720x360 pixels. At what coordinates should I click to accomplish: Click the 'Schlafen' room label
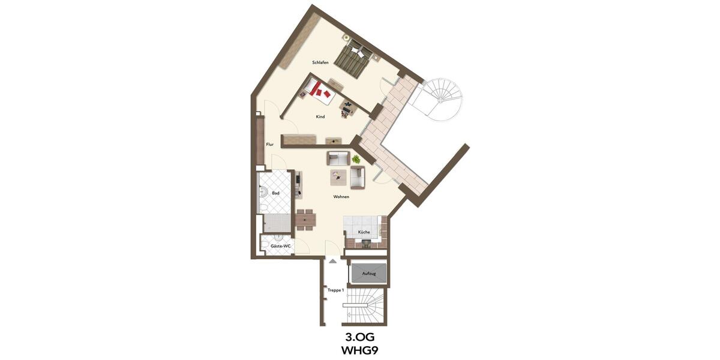[x=320, y=62]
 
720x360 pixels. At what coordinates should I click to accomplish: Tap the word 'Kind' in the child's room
[x=320, y=116]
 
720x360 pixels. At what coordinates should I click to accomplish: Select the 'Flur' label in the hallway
[x=270, y=144]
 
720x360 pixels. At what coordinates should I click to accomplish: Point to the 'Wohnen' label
[x=341, y=197]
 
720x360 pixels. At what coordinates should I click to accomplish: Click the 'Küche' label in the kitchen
[x=364, y=232]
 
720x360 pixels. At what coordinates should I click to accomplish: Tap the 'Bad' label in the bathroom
[x=275, y=193]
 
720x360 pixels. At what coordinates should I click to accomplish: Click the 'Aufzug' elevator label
[x=368, y=274]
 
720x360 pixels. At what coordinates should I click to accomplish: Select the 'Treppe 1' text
[x=335, y=290]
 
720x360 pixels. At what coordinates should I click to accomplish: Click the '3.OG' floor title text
[x=360, y=337]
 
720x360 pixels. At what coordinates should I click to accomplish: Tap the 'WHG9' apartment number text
[x=360, y=350]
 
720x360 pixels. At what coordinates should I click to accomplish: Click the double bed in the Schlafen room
[x=354, y=59]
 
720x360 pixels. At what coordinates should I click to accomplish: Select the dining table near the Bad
[x=305, y=220]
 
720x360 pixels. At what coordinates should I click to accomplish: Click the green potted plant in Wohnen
[x=356, y=159]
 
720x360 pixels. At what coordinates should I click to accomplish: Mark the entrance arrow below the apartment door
[x=332, y=260]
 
